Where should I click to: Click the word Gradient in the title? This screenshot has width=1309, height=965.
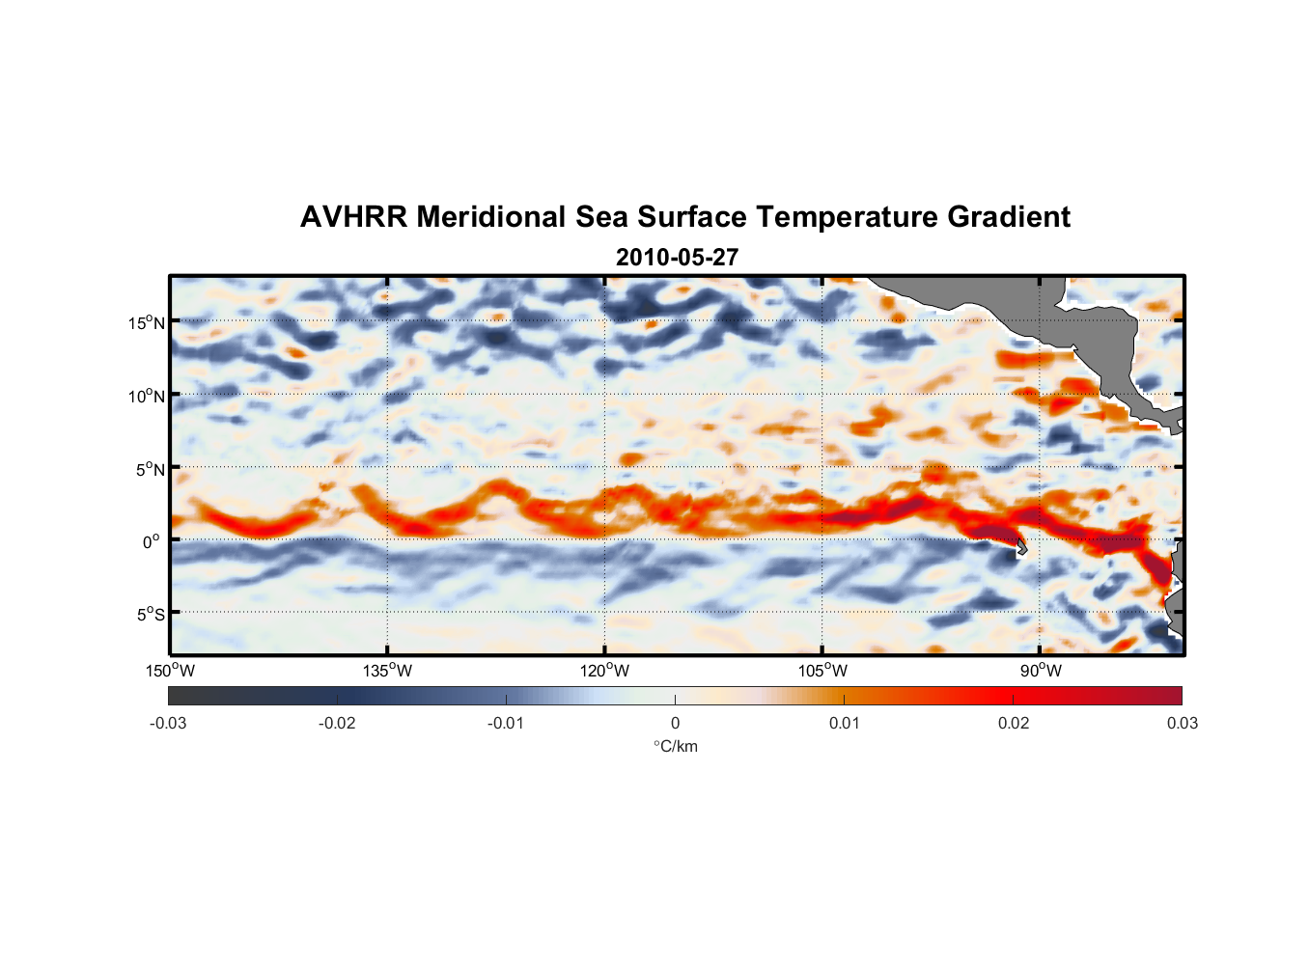tap(1008, 217)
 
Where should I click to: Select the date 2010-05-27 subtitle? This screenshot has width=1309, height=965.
tap(677, 258)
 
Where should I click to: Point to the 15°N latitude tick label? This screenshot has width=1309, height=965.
tap(146, 322)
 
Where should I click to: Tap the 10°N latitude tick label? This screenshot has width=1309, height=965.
tap(146, 396)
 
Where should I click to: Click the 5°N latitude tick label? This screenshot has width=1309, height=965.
tap(150, 469)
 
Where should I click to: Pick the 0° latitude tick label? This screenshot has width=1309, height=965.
tap(152, 541)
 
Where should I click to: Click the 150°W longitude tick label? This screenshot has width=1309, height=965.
tap(170, 671)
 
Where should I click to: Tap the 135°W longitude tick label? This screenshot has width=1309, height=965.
tap(387, 671)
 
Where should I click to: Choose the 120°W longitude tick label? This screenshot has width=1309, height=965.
tap(604, 671)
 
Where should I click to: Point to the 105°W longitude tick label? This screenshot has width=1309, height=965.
tap(822, 671)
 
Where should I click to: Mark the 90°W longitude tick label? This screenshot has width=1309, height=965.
tap(1041, 671)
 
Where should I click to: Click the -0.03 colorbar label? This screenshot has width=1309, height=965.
tap(168, 724)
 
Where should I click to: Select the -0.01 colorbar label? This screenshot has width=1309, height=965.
tap(506, 724)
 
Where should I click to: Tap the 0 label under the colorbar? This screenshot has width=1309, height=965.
tap(675, 724)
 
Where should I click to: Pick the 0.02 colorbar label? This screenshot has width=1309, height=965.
tap(1014, 724)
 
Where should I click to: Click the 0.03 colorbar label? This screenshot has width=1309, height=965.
tap(1182, 724)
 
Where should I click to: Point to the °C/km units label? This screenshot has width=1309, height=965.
tap(676, 746)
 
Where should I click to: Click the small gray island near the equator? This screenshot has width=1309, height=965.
tap(1021, 549)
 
